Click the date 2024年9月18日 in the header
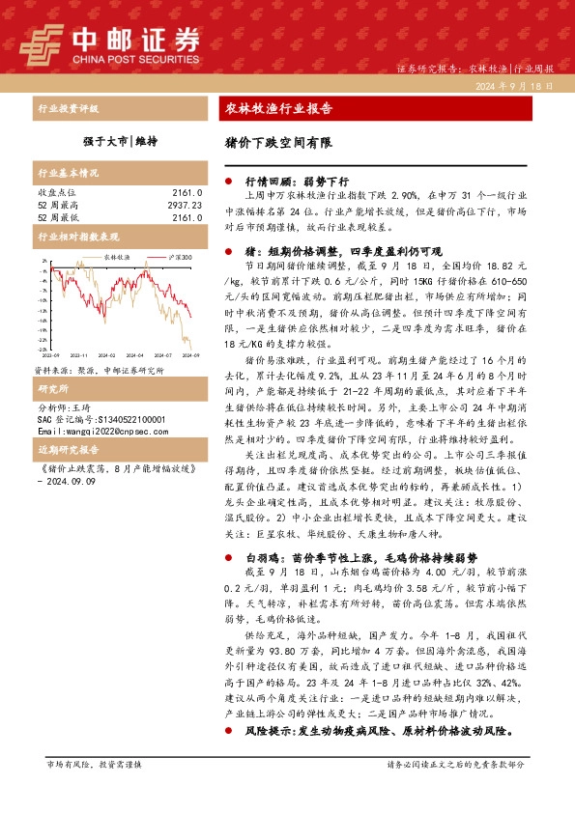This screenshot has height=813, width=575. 514,87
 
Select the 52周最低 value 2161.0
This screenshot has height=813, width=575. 186,217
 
